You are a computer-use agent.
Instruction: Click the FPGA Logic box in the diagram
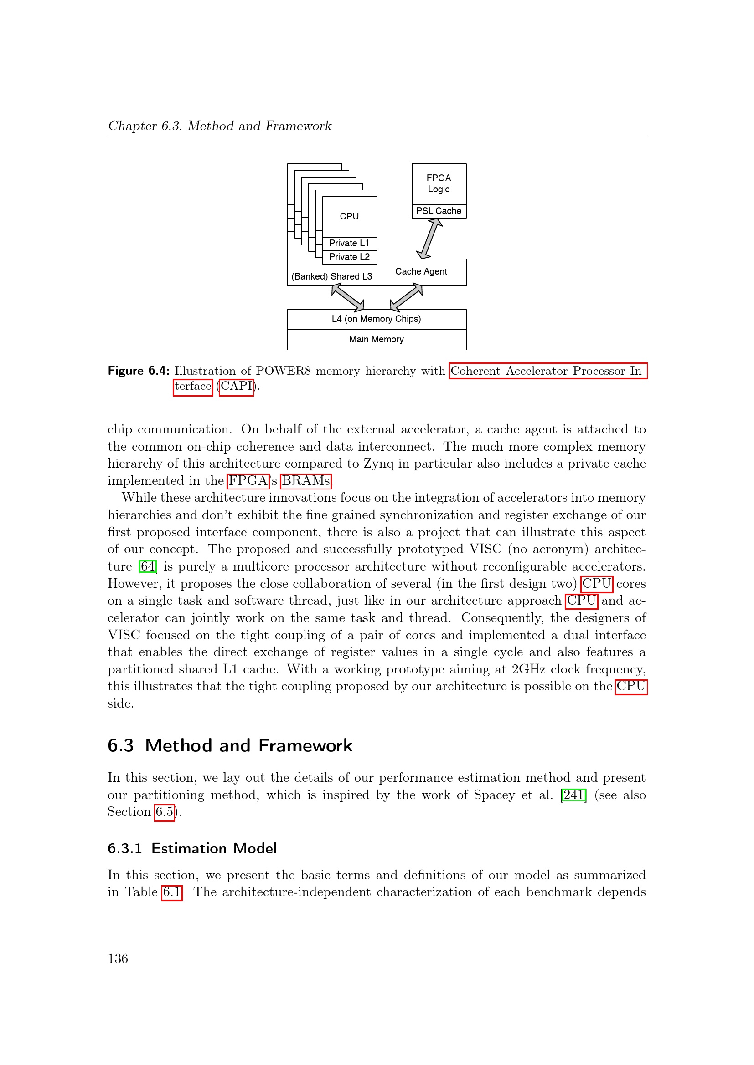[438, 183]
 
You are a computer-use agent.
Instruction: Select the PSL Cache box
[438, 211]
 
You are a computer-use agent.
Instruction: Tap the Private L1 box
[349, 244]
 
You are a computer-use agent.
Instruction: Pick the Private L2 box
[349, 257]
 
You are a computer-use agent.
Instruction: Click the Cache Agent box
[421, 272]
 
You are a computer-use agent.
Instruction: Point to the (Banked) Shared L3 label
[331, 276]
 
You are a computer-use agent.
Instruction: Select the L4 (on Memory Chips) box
[376, 319]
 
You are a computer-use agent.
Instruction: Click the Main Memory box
[376, 340]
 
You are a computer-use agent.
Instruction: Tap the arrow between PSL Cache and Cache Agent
[429, 239]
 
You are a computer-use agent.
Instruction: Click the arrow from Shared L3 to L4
[348, 297]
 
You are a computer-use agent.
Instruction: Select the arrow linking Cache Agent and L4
[406, 297]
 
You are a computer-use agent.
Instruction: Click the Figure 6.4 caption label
[139, 371]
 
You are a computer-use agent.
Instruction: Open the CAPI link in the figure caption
[236, 387]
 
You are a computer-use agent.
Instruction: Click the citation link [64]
[148, 567]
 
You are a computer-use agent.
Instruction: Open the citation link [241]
[573, 795]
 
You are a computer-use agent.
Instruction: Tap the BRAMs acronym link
[305, 481]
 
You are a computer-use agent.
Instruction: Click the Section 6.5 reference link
[165, 812]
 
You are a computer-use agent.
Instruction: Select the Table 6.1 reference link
[171, 892]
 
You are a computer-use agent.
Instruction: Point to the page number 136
[118, 959]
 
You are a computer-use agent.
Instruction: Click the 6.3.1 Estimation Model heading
[192, 848]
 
